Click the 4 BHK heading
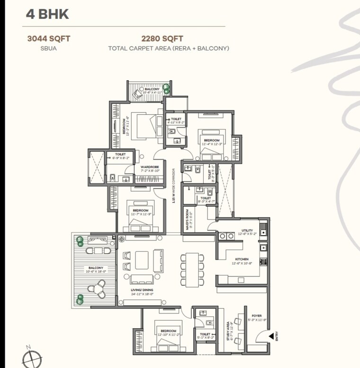pos(47,14)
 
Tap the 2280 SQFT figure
pos(162,39)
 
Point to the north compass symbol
pos(31,357)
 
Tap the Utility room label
pos(249,232)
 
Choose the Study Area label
pos(229,331)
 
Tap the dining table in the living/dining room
pos(192,269)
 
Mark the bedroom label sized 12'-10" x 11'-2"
pos(168,332)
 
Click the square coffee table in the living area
pos(141,260)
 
